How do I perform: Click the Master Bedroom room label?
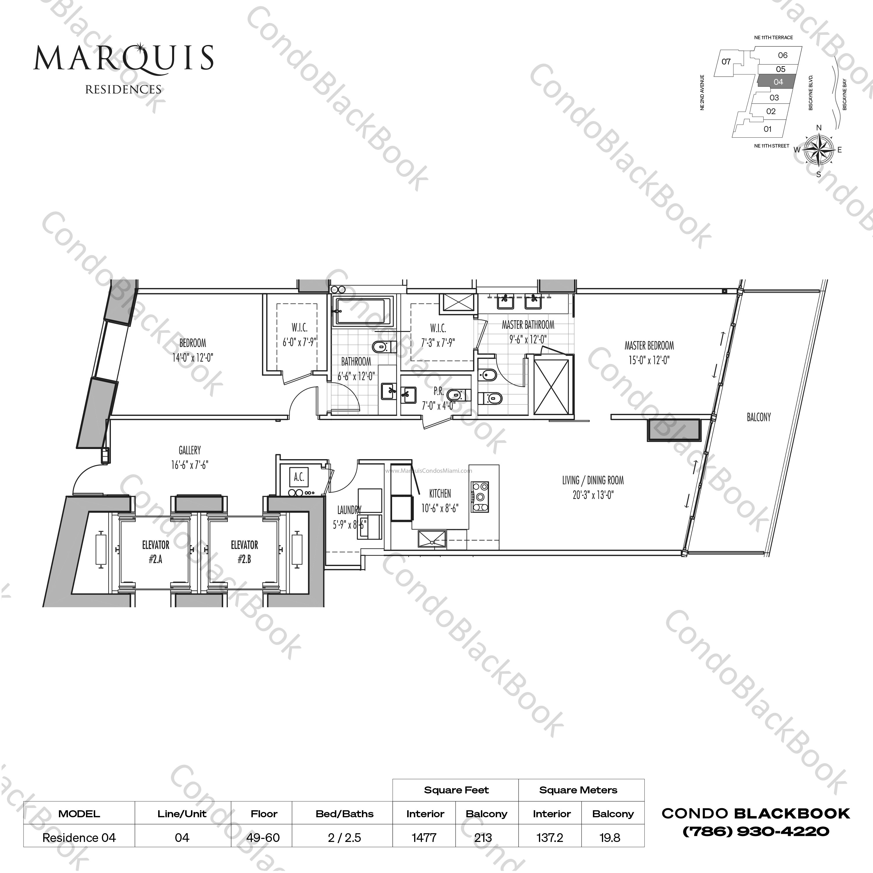(649, 346)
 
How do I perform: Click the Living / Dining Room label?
(593, 481)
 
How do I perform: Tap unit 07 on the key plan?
(726, 62)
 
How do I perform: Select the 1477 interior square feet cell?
(424, 838)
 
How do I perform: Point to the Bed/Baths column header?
(344, 814)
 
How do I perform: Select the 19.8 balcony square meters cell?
(609, 838)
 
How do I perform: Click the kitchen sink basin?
(432, 539)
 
